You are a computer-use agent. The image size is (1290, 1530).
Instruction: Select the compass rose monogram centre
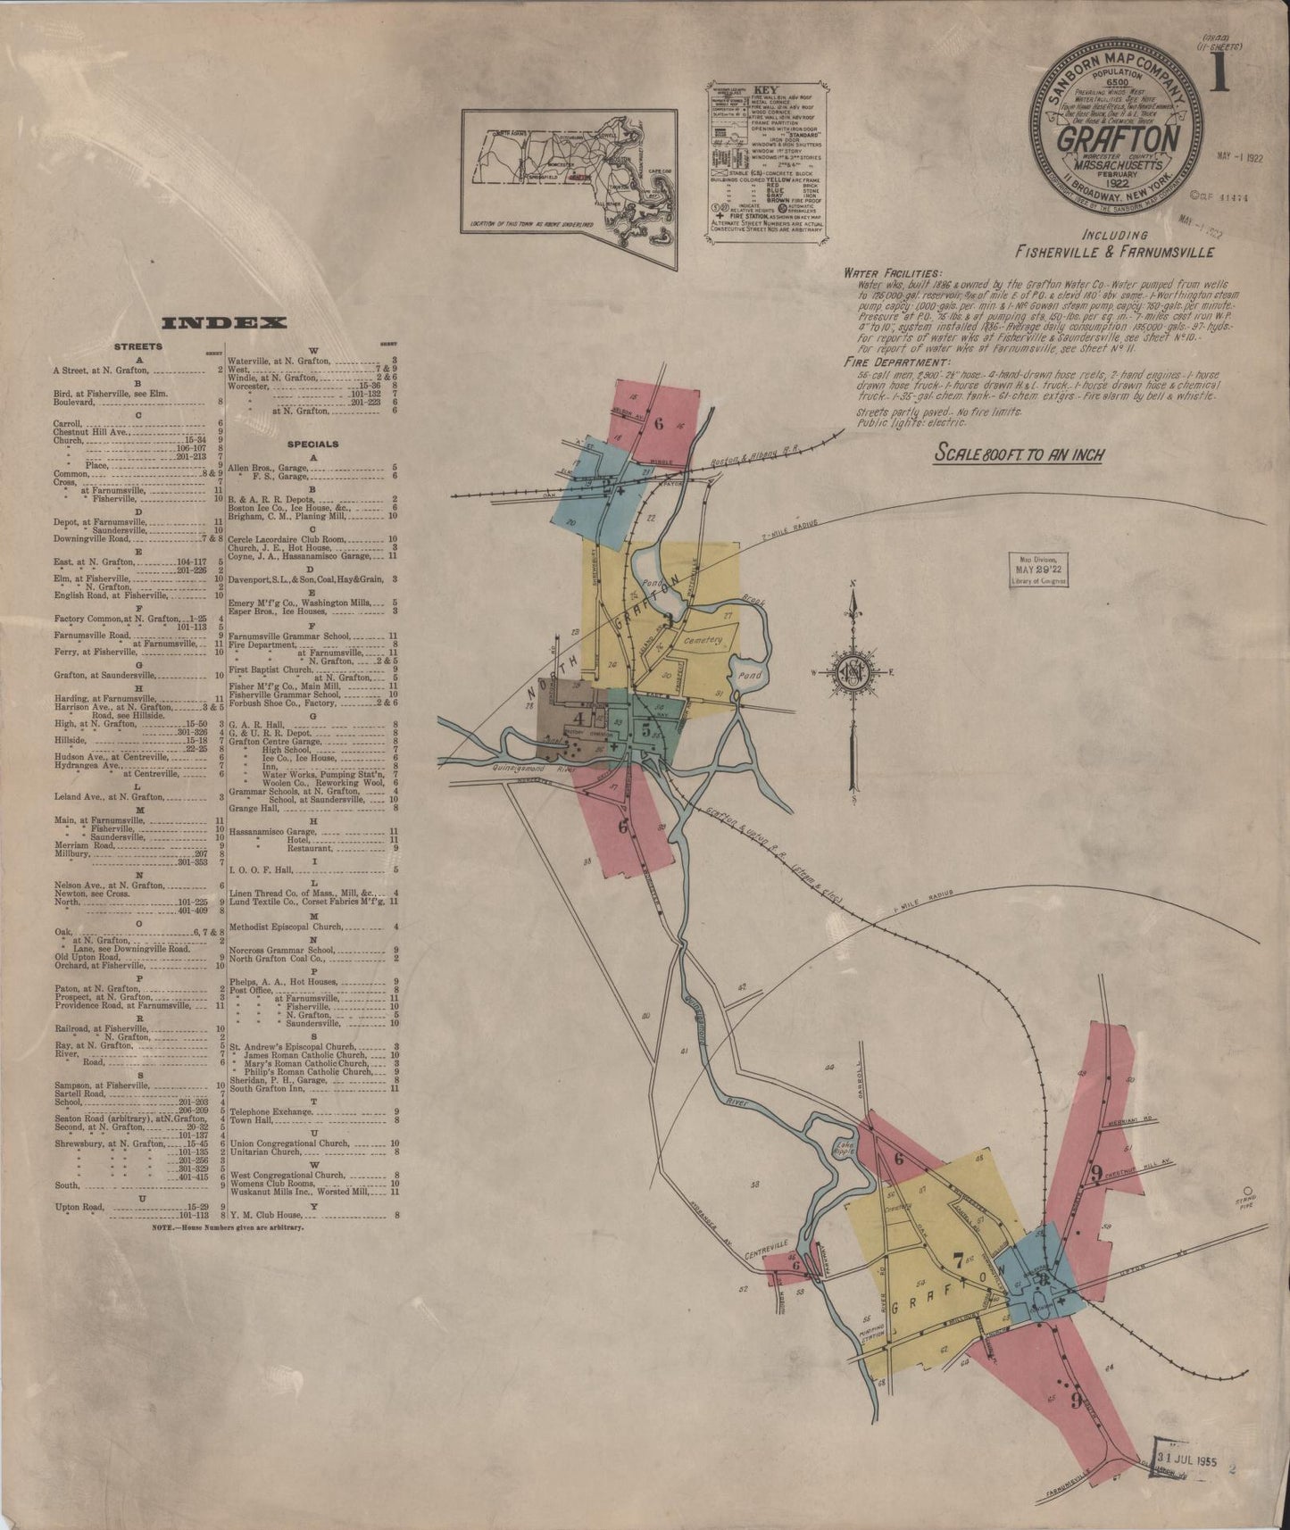coord(854,671)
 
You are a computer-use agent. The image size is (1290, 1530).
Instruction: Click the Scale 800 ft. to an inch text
coord(1019,454)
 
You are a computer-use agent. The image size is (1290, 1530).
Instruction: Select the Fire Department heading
coord(888,363)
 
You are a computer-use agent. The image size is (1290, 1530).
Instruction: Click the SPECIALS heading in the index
coord(312,444)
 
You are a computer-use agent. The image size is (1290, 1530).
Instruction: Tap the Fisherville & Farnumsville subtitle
coord(1114,252)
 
